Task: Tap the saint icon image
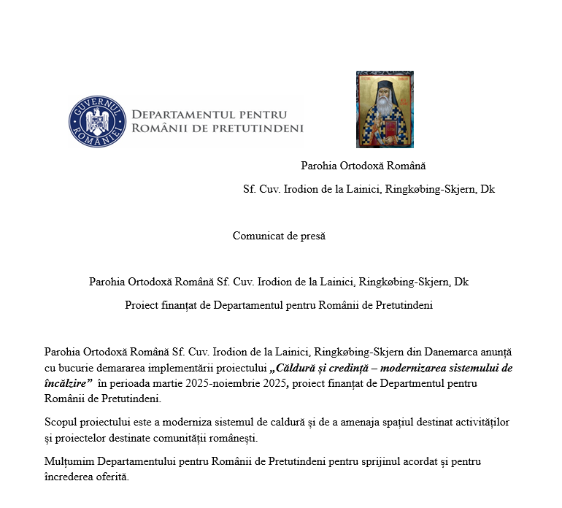coord(385,109)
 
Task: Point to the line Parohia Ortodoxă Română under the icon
coord(363,166)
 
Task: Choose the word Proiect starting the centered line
coord(143,305)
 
